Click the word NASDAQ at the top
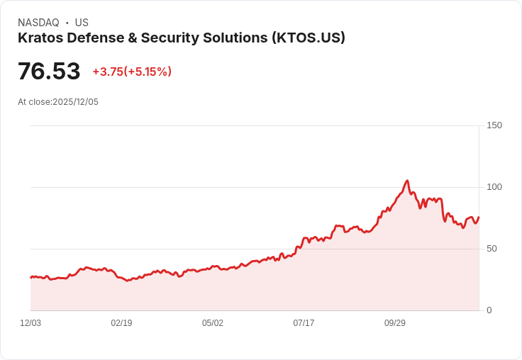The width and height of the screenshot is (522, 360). [38, 23]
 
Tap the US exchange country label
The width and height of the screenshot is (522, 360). [82, 23]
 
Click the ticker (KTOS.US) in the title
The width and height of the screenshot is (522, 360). [309, 38]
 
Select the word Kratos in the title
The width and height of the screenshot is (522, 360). [40, 38]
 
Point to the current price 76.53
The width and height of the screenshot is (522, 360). [49, 72]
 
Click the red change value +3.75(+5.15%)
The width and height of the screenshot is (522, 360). [132, 72]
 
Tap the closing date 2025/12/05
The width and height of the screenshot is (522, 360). [75, 102]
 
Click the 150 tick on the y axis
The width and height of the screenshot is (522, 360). [494, 125]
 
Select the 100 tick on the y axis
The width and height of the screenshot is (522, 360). [494, 187]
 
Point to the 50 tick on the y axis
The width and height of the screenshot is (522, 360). [492, 249]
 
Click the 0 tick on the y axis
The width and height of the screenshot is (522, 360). [489, 310]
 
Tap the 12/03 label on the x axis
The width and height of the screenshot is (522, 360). [30, 323]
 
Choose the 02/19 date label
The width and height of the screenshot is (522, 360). [121, 323]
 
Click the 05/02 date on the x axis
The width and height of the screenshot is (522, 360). [213, 323]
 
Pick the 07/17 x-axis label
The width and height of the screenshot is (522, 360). [304, 323]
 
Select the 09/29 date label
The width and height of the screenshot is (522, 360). [395, 323]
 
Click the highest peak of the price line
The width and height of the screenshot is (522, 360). [407, 181]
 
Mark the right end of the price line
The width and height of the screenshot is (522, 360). [479, 218]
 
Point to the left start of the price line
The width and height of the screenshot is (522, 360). [30, 277]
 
